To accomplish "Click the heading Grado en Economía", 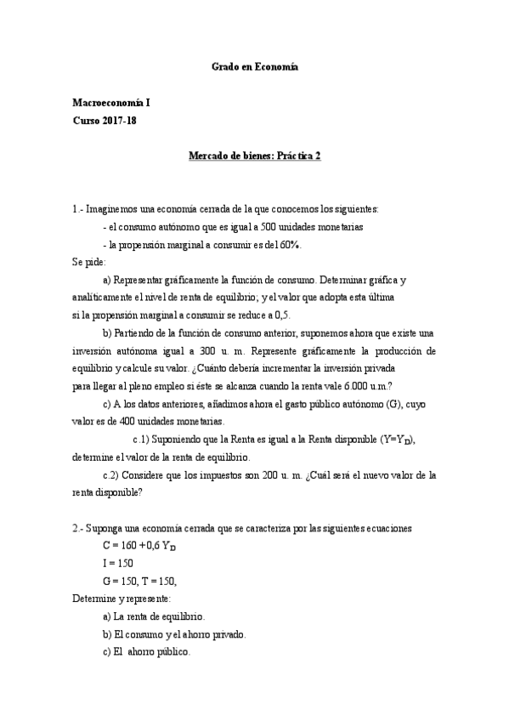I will pos(254,66).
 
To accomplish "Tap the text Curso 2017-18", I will pos(105,121).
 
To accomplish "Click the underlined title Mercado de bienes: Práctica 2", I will pos(254,156).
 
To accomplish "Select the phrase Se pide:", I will pos(90,262).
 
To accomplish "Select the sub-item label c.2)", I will pos(116,475).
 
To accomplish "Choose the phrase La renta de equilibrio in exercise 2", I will pos(160,616).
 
